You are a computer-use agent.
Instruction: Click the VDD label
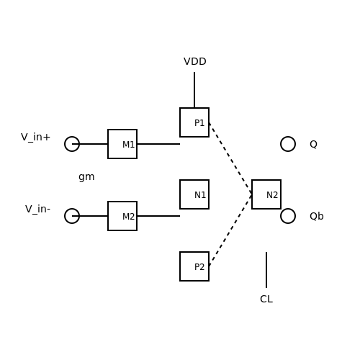[x=195, y=61]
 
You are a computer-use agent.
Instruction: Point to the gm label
[x=86, y=177]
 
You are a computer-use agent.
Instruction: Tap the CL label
[x=266, y=299]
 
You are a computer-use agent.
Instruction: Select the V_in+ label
[x=35, y=138]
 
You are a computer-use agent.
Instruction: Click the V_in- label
[x=37, y=209]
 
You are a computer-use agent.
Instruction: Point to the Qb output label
[x=317, y=216]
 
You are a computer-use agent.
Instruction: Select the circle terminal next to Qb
[x=288, y=209]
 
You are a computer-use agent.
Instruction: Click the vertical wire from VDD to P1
[x=194, y=90]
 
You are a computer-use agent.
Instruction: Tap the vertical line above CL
[x=266, y=270]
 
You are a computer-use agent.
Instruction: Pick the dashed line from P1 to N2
[x=230, y=158]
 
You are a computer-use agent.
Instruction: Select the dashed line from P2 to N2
[x=230, y=230]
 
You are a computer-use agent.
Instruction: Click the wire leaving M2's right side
[x=158, y=216]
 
